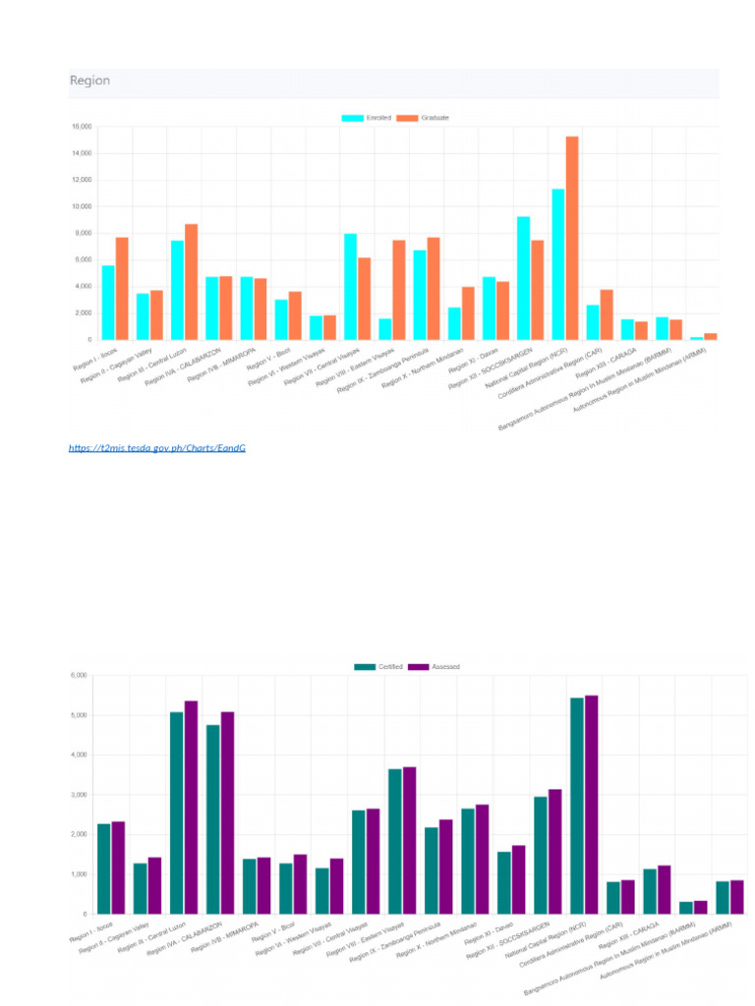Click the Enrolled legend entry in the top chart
pyautogui.click(x=366, y=118)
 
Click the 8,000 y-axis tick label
pyautogui.click(x=82, y=234)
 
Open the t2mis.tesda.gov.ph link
pyautogui.click(x=156, y=448)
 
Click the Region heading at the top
pyautogui.click(x=89, y=81)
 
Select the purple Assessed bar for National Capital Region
pyautogui.click(x=592, y=805)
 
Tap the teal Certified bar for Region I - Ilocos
pyautogui.click(x=103, y=868)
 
